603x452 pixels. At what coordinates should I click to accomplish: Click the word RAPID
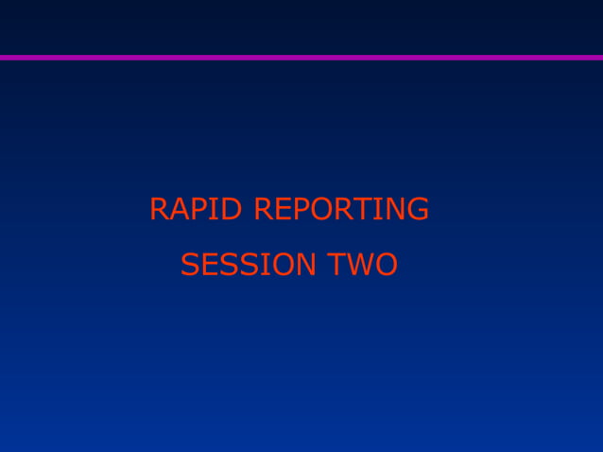[x=198, y=209]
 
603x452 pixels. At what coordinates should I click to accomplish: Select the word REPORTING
[x=341, y=209]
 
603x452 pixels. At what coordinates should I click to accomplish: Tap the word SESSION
[x=249, y=265]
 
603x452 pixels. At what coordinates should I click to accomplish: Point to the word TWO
[x=362, y=265]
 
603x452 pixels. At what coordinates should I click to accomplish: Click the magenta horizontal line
[x=301, y=57]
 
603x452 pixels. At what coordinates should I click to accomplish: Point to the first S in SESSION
[x=190, y=265]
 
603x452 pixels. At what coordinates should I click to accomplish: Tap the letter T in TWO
[x=336, y=265]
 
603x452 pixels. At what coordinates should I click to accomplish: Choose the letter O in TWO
[x=385, y=265]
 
